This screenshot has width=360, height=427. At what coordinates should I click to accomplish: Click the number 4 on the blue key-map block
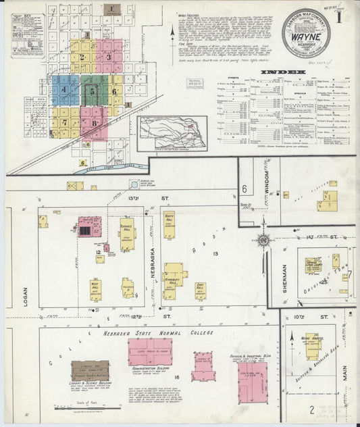(65, 89)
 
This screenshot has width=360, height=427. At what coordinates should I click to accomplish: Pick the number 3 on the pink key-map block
(108, 57)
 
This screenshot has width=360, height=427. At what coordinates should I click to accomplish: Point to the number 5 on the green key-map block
(93, 90)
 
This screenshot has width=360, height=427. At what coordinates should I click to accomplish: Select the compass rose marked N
(263, 241)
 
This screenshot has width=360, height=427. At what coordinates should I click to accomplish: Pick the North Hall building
(170, 224)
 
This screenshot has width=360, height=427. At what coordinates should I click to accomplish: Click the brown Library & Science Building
(90, 370)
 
